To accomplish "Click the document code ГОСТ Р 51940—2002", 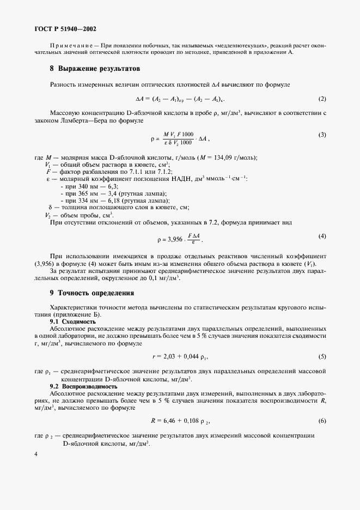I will coord(65,29).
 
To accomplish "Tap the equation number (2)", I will coord(322,99).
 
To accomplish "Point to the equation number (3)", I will coord(322,135).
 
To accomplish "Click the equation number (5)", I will coord(322,356).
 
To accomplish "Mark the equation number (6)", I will coord(322,421).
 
